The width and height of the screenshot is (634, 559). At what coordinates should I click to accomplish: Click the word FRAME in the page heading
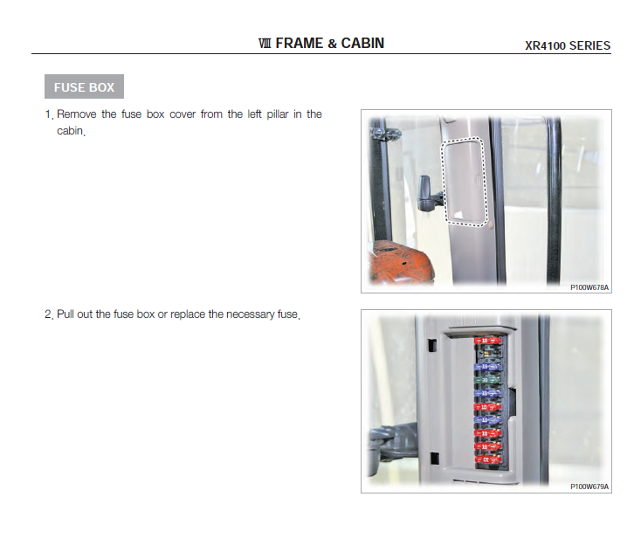pyautogui.click(x=300, y=44)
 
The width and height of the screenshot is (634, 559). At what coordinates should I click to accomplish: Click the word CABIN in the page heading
pyautogui.click(x=362, y=44)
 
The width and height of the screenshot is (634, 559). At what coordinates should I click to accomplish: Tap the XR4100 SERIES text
pyautogui.click(x=568, y=45)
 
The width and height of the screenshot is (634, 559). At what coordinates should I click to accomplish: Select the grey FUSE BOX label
pyautogui.click(x=84, y=86)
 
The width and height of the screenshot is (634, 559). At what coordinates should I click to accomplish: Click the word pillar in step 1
pyautogui.click(x=278, y=114)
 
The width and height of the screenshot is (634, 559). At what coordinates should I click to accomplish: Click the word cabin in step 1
pyautogui.click(x=70, y=131)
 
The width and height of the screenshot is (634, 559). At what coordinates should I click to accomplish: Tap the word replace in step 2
pyautogui.click(x=188, y=314)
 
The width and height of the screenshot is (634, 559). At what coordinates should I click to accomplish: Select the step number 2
pyautogui.click(x=48, y=314)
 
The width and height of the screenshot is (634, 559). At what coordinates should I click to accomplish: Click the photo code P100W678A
pyautogui.click(x=589, y=287)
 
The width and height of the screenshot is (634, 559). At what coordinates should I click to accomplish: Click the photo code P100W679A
pyautogui.click(x=589, y=487)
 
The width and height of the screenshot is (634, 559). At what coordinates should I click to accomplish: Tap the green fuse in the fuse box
pyautogui.click(x=487, y=380)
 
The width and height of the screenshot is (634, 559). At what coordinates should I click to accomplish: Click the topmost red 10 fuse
pyautogui.click(x=487, y=341)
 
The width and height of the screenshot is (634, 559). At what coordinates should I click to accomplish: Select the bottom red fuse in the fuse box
pyautogui.click(x=487, y=459)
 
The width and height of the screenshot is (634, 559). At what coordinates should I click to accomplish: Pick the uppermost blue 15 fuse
pyautogui.click(x=487, y=367)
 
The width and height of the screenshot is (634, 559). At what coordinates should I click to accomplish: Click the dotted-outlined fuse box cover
pyautogui.click(x=464, y=181)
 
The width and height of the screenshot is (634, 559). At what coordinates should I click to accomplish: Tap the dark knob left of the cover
pyautogui.click(x=425, y=193)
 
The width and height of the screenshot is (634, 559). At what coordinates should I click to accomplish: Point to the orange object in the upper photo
pyautogui.click(x=400, y=263)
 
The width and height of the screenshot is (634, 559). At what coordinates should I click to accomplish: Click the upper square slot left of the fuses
pyautogui.click(x=431, y=345)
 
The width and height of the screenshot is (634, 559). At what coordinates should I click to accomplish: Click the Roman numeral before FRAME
pyautogui.click(x=265, y=44)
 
